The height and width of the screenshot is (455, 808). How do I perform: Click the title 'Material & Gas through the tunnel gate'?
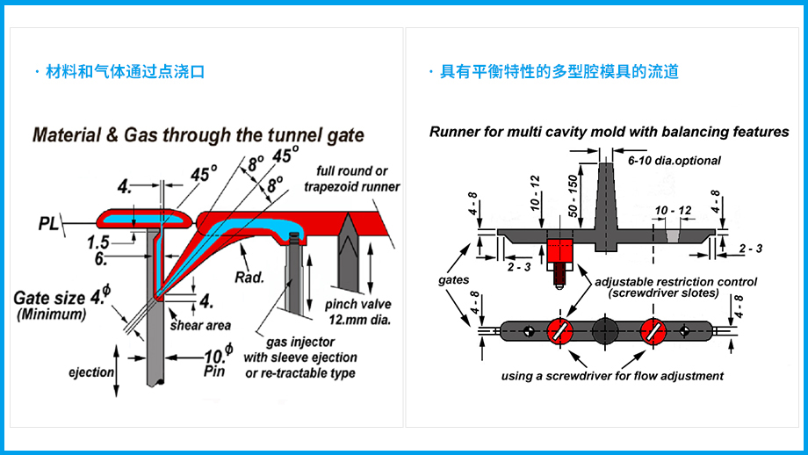pyautogui.click(x=198, y=136)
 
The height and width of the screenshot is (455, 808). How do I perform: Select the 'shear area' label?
pyautogui.click(x=201, y=325)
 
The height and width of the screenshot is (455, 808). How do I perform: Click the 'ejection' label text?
pyautogui.click(x=91, y=372)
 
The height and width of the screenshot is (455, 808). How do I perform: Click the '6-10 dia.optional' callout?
pyautogui.click(x=674, y=161)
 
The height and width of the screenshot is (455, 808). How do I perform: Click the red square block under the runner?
pyautogui.click(x=559, y=248)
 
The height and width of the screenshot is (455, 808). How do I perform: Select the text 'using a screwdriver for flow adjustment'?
pyautogui.click(x=612, y=376)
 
